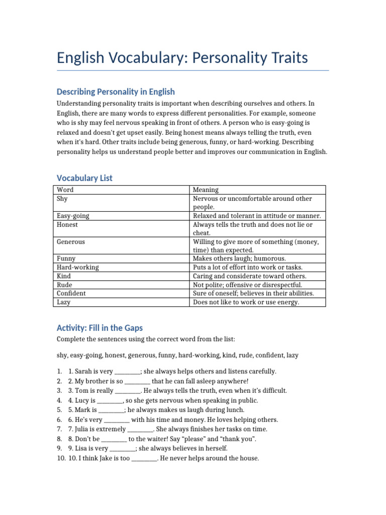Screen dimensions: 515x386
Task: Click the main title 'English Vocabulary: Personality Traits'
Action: [x=182, y=58]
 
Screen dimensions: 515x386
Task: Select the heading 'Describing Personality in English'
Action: [x=116, y=92]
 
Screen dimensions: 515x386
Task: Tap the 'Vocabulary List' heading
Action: [x=84, y=178]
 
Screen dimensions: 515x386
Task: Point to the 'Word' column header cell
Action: [x=65, y=190]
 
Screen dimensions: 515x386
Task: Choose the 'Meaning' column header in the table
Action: [x=206, y=190]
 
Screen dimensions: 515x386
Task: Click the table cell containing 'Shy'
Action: [x=62, y=199]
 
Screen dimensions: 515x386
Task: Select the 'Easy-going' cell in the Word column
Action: [x=73, y=216]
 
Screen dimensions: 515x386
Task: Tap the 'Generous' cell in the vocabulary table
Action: [x=71, y=242]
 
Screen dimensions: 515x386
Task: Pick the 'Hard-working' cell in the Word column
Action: [x=78, y=268]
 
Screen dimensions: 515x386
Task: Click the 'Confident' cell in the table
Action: [x=71, y=293]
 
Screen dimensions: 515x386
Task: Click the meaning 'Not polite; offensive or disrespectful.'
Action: [x=248, y=285]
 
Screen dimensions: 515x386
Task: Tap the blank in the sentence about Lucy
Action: [x=110, y=400]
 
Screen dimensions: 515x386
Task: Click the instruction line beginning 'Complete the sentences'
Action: [x=142, y=339]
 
